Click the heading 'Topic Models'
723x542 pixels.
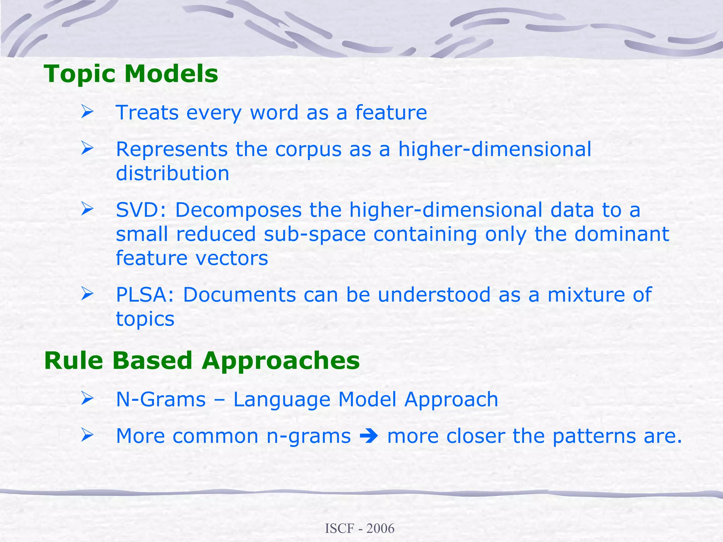(131, 74)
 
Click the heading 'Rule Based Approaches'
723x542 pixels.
(202, 361)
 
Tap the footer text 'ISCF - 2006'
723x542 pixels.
(359, 528)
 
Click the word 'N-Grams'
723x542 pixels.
(161, 399)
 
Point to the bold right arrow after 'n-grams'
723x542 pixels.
(369, 436)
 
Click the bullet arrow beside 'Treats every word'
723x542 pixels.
(87, 112)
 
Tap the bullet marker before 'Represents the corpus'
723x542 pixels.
(87, 148)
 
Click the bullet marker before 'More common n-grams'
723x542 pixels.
(87, 435)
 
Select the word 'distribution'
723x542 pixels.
(172, 173)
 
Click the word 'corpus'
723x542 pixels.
(308, 150)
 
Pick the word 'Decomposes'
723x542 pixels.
(238, 210)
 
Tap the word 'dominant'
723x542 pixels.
(621, 234)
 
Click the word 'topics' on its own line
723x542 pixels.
(145, 319)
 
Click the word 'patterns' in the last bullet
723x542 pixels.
(594, 436)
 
